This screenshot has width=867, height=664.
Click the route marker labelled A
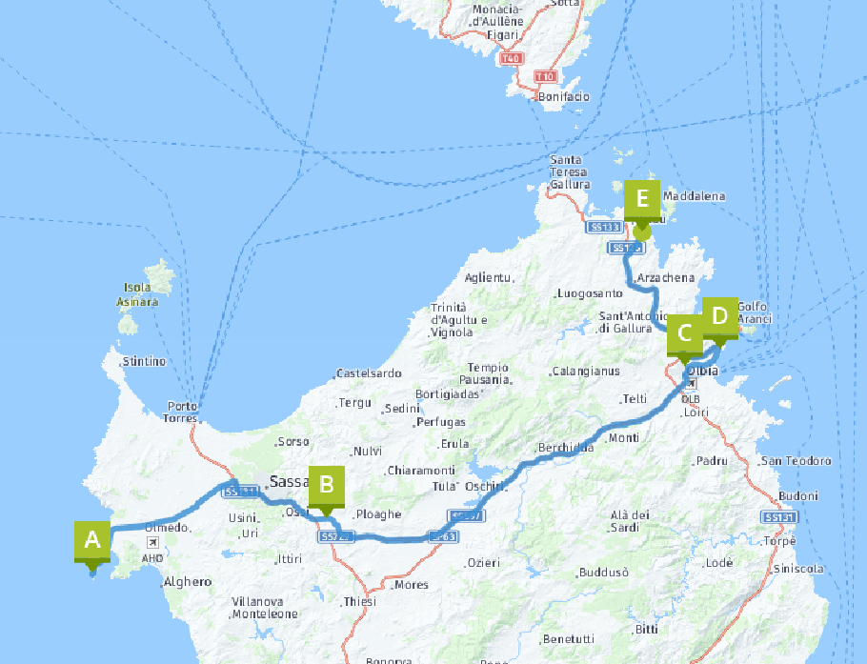click(x=92, y=541)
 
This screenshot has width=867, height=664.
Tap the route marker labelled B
click(x=326, y=485)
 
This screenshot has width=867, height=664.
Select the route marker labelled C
click(x=684, y=334)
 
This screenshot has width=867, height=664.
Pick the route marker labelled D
click(x=719, y=316)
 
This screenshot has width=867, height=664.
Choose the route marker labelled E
click(x=642, y=199)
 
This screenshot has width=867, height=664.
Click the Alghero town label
click(x=188, y=581)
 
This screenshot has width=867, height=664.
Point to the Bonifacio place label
click(x=564, y=97)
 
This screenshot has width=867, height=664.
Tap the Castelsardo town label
click(x=369, y=373)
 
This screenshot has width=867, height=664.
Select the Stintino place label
click(x=143, y=362)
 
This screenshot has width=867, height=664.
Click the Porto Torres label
click(x=182, y=412)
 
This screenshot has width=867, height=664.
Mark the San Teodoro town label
click(x=796, y=461)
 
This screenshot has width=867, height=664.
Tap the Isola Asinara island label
click(x=137, y=294)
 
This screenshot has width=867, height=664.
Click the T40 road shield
click(x=511, y=59)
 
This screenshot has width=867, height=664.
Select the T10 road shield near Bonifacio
click(x=545, y=76)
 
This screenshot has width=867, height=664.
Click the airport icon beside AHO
click(x=152, y=542)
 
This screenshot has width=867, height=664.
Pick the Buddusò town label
click(x=604, y=573)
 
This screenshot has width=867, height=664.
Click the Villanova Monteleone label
click(x=265, y=608)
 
